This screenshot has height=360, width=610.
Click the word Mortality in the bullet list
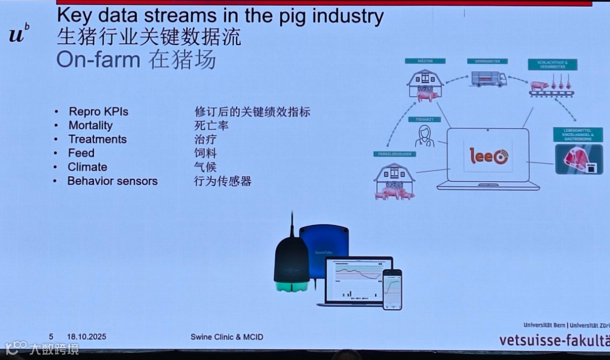90,125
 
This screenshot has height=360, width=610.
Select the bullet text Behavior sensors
112,181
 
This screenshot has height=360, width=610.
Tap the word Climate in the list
88,167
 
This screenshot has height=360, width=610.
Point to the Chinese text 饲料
206,153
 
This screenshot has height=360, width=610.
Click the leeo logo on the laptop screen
489,156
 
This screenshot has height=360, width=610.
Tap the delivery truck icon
489,79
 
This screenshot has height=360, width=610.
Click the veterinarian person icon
425,136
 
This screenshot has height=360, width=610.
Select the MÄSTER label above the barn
425,61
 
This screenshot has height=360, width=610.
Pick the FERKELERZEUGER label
394,154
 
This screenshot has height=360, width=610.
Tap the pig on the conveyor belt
540,85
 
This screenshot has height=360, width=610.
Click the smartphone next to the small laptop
392,289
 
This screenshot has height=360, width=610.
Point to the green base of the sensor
291,287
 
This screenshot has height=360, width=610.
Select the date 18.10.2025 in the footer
86,337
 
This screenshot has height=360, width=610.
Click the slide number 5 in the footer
51,337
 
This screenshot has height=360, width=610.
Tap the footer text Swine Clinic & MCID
226,337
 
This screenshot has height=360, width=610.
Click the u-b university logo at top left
19,34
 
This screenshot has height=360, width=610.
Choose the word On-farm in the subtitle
98,60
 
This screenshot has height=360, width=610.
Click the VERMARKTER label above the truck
487,61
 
